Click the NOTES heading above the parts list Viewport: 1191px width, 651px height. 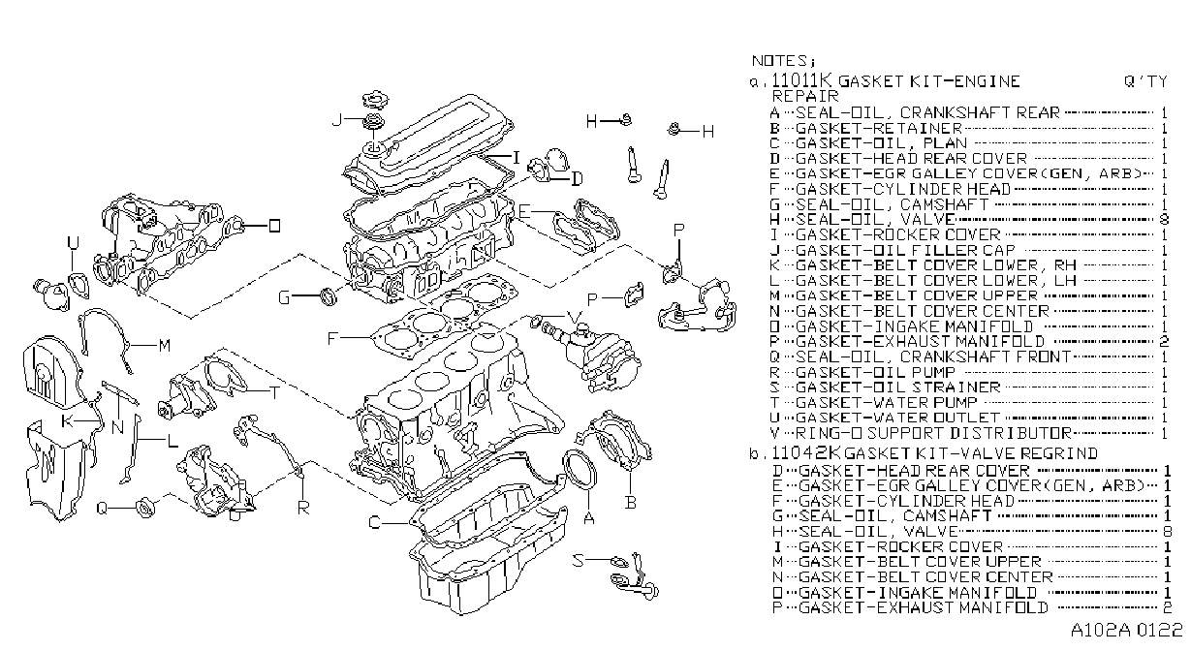[783, 61]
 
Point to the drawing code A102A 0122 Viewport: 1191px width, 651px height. [1127, 630]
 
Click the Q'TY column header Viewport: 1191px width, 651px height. [1145, 81]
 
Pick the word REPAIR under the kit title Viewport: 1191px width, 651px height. [805, 96]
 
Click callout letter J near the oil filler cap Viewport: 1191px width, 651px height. [336, 120]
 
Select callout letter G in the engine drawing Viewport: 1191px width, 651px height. [285, 297]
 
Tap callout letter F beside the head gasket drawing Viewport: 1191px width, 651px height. [332, 338]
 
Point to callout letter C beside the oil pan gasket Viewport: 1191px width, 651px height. [375, 523]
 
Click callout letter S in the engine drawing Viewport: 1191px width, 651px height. [579, 560]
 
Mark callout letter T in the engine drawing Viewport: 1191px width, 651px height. [274, 392]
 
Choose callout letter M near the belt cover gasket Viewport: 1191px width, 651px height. [165, 346]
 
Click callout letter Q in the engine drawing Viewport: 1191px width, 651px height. [102, 509]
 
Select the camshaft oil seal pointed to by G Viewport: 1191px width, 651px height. [329, 296]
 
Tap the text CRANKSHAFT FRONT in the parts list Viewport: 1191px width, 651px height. [986, 356]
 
